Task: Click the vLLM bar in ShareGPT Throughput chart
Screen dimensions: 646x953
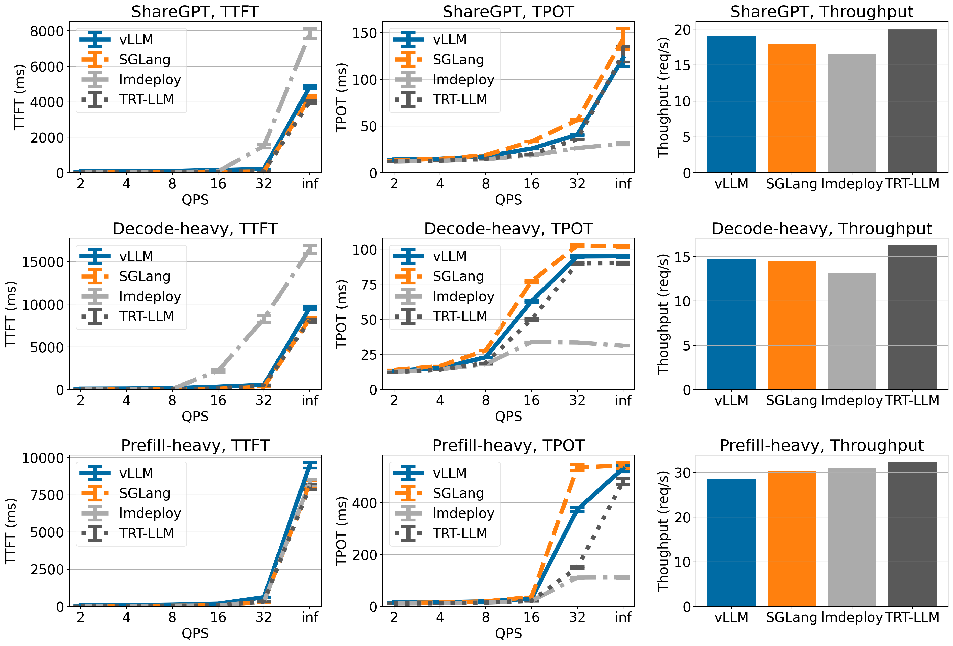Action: click(x=731, y=105)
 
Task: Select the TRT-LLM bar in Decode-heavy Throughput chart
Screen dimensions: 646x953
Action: click(x=912, y=317)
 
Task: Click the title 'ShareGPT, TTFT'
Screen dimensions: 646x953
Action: click(x=195, y=12)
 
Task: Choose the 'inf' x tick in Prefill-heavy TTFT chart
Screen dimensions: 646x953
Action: click(x=309, y=617)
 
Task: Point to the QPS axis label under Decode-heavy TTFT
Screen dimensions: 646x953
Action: click(x=195, y=417)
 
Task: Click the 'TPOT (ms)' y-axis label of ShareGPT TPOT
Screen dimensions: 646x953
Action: click(x=342, y=97)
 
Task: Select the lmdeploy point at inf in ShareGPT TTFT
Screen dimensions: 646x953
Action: click(x=309, y=34)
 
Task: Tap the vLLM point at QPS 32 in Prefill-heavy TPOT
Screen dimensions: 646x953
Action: click(x=577, y=509)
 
